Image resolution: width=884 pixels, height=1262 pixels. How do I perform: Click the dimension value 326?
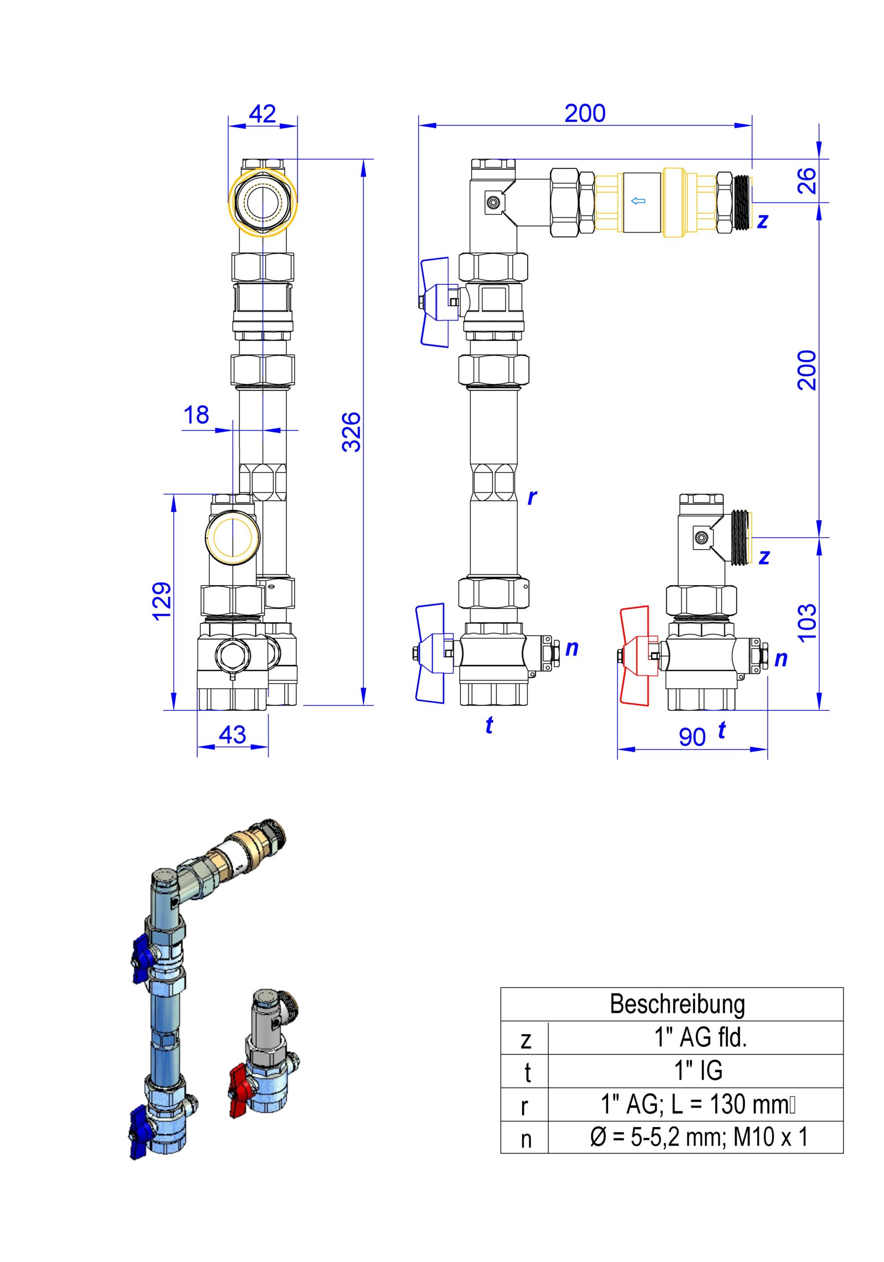point(351,431)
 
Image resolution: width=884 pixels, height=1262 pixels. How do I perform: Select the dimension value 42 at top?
point(262,114)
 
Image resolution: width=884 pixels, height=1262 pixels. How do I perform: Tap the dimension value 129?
point(162,601)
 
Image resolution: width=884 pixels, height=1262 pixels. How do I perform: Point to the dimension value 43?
point(233,735)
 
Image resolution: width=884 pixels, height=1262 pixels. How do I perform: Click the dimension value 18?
point(196,415)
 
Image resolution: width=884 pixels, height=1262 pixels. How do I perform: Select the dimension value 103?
point(807,623)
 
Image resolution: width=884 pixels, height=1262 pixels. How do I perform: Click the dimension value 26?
point(807,180)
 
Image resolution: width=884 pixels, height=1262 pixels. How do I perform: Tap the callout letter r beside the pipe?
point(531,497)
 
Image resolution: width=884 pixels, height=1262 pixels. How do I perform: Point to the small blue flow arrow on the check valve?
point(638,201)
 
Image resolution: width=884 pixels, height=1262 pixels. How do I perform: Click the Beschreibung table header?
point(677,1004)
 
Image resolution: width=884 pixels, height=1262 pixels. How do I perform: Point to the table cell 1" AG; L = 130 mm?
point(696,1105)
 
